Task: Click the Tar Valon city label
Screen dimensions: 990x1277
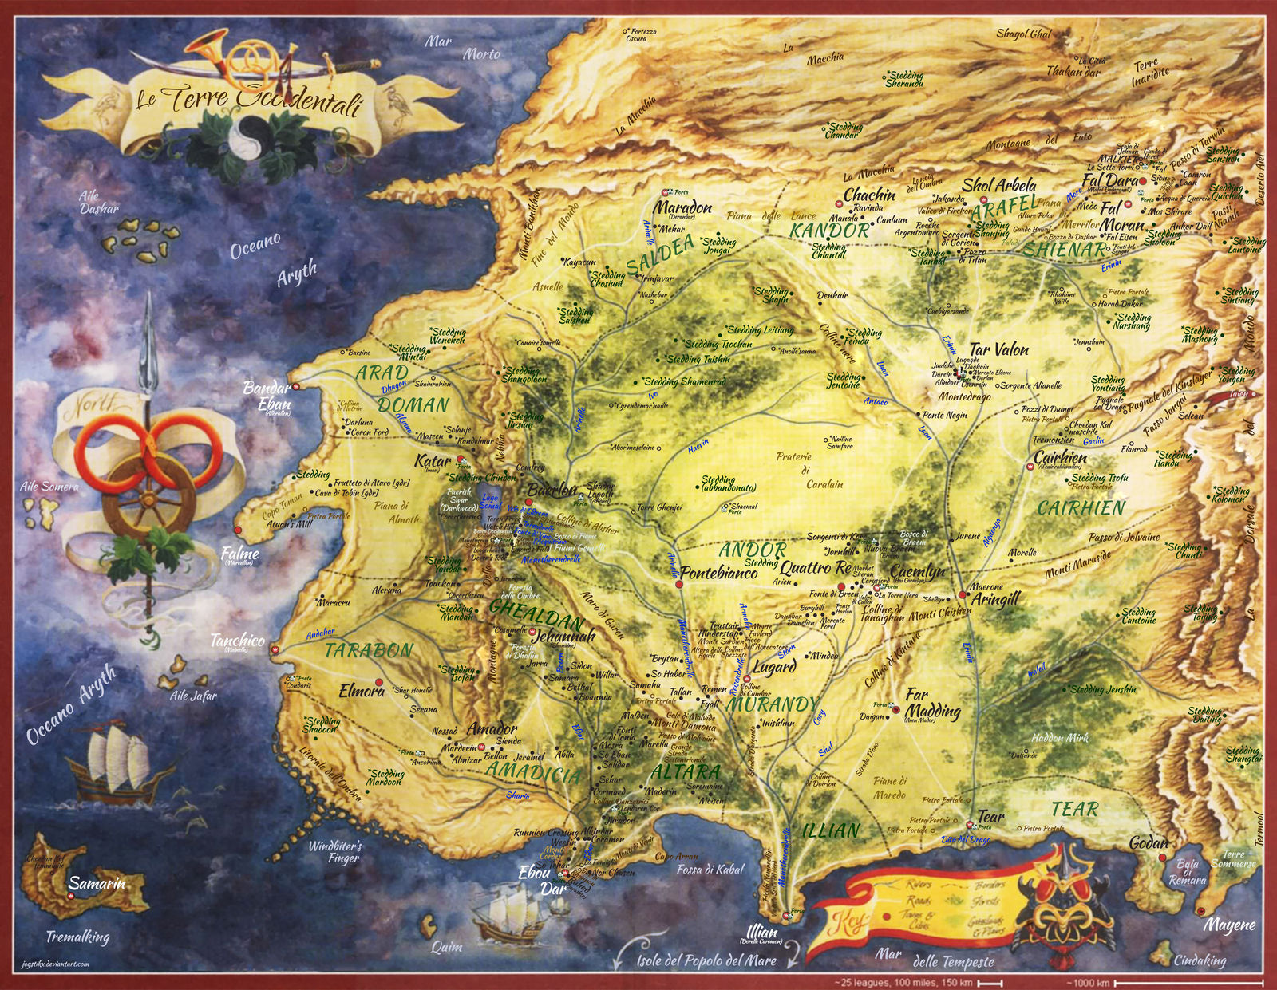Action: click(x=998, y=349)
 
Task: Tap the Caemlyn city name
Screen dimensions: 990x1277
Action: click(x=917, y=571)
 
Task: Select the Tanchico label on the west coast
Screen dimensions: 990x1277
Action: click(x=237, y=640)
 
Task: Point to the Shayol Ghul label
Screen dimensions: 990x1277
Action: click(x=1024, y=34)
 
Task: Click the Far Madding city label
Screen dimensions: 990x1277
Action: click(x=932, y=703)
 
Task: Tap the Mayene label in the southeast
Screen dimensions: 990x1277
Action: click(x=1229, y=926)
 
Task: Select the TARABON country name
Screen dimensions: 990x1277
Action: click(x=369, y=650)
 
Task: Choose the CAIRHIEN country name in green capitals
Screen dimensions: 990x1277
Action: click(x=1081, y=508)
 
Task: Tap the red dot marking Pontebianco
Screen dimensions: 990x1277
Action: click(x=678, y=585)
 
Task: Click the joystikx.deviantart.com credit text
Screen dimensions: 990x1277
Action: click(x=55, y=964)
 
